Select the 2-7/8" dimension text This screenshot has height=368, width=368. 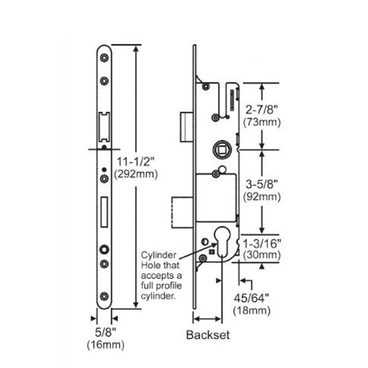click(x=262, y=110)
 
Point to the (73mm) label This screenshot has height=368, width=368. click(x=262, y=122)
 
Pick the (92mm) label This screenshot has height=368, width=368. click(x=262, y=197)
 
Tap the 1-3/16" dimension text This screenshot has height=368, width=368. click(x=262, y=243)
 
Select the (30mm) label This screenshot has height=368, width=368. click(x=262, y=253)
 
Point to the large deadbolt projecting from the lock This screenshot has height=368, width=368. click(x=182, y=211)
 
